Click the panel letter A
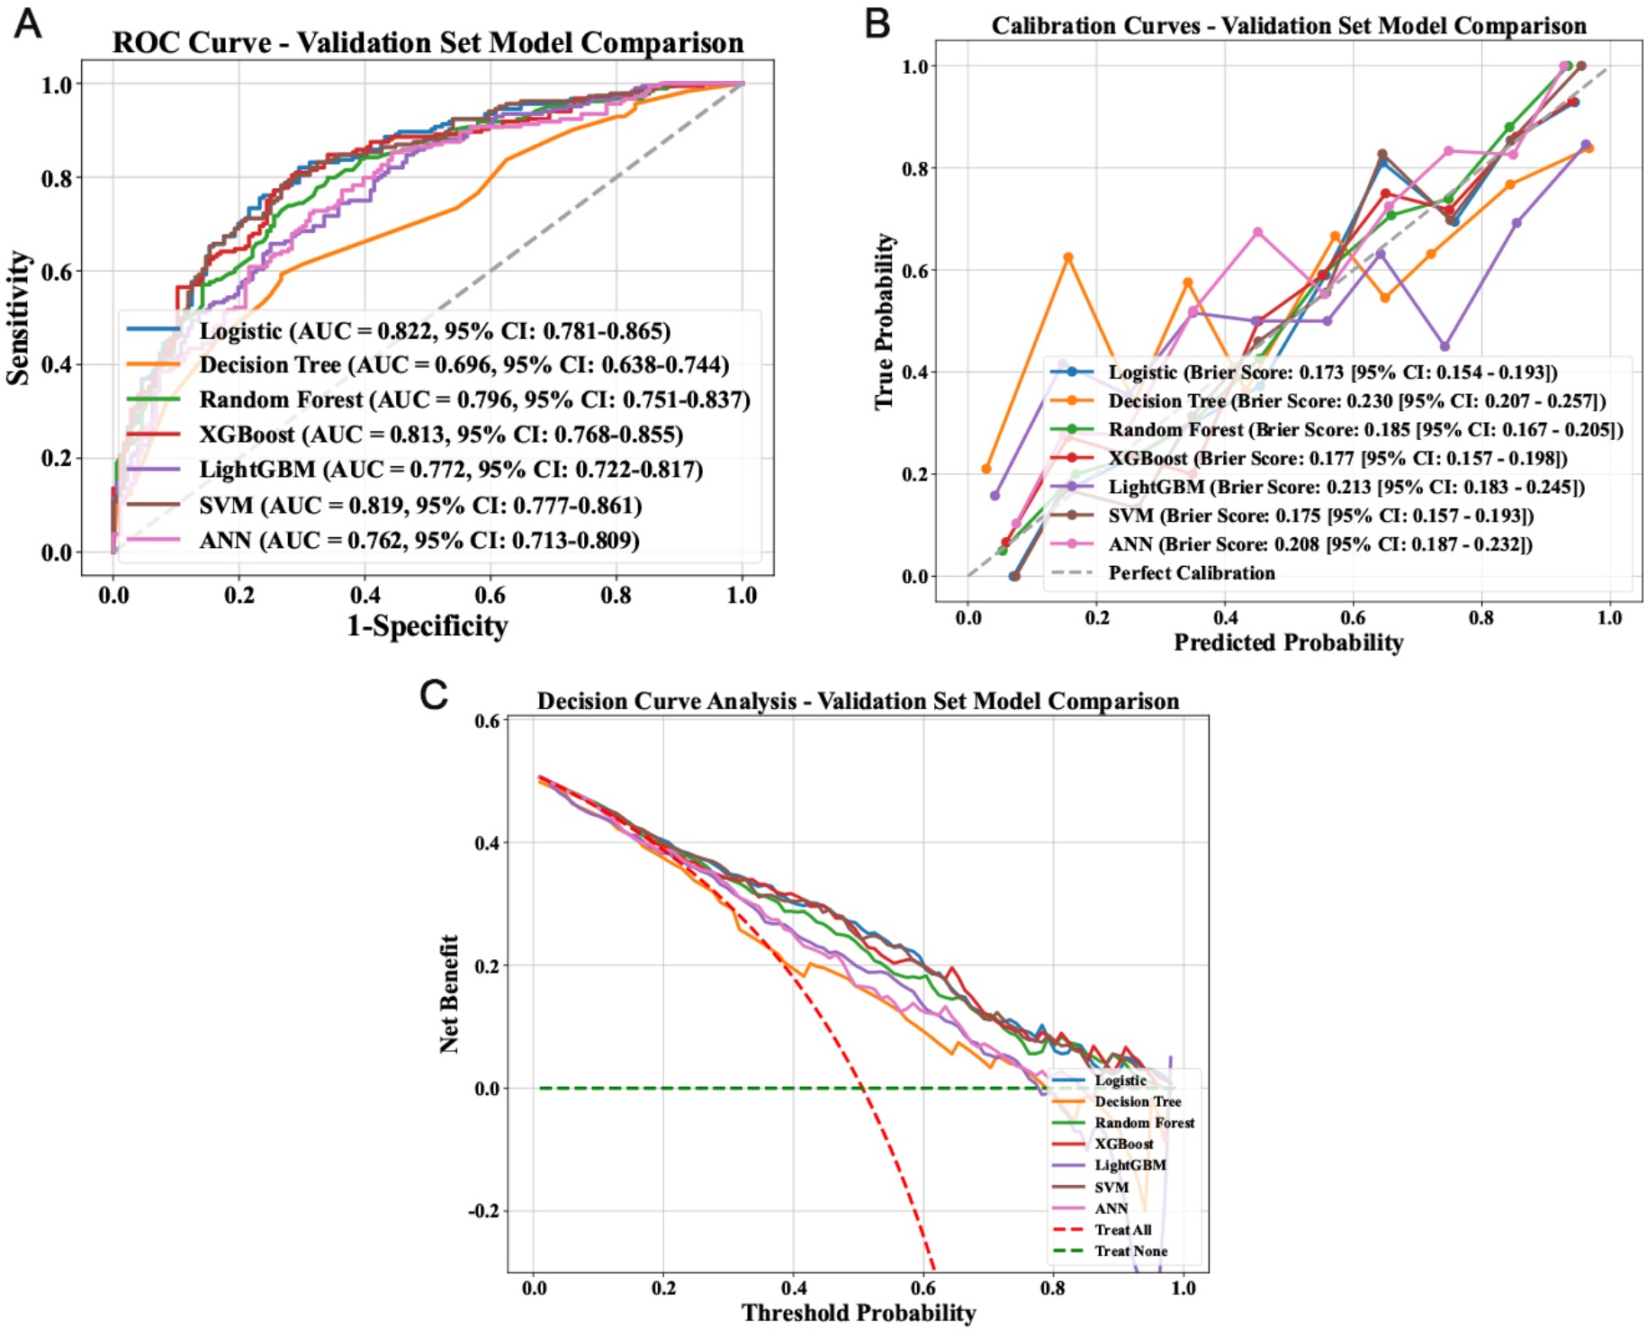28,24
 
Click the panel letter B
877,24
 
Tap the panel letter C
434,695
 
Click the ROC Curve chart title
427,43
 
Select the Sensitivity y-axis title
18,319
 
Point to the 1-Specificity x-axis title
427,626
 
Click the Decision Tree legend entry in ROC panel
463,365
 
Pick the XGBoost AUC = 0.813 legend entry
441,435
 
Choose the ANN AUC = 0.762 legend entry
419,541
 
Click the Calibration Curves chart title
1289,26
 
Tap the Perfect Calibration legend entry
1191,573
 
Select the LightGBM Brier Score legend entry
1345,488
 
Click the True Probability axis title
886,321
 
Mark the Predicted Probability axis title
1289,642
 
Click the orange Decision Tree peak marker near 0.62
1068,257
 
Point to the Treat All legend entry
1122,1230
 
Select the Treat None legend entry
1130,1252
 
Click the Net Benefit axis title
449,993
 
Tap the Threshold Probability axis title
859,1314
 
